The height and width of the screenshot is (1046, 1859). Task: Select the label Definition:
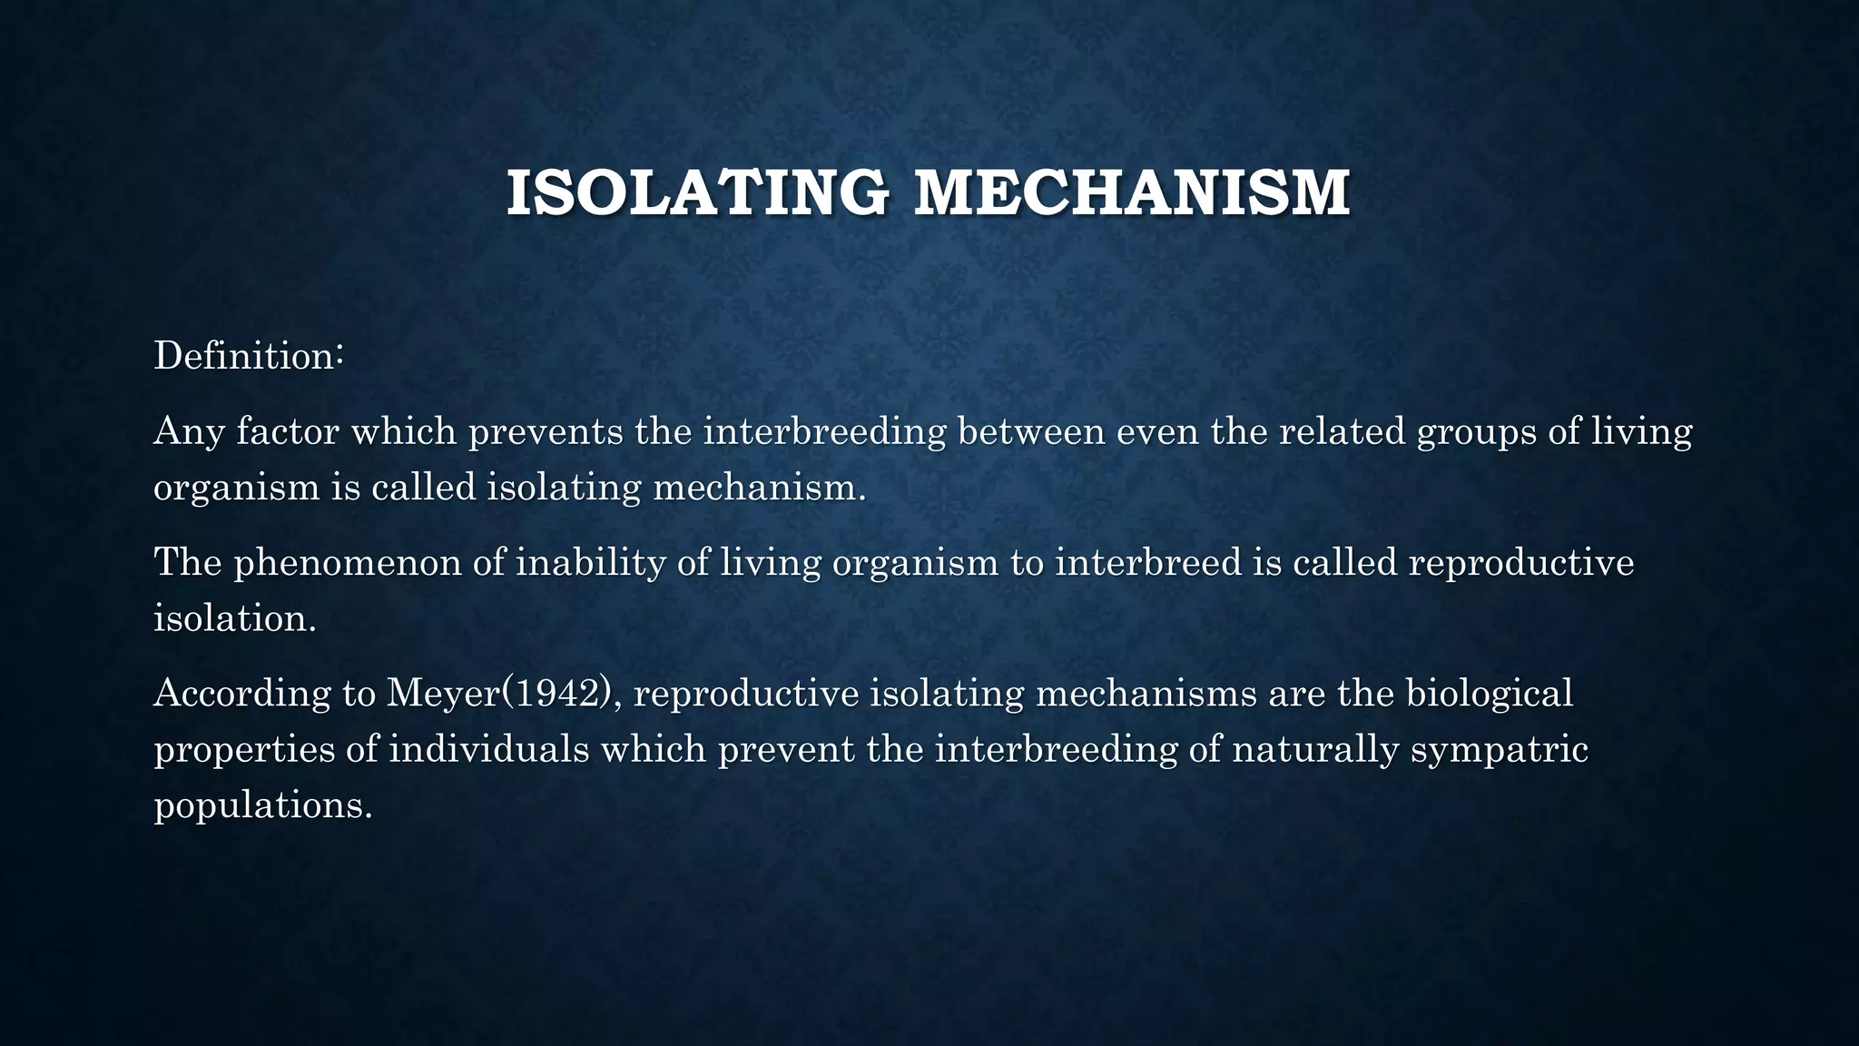click(248, 355)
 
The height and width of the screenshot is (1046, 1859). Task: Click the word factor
click(289, 430)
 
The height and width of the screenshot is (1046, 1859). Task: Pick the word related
click(1343, 430)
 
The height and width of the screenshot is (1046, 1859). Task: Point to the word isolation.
click(234, 618)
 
